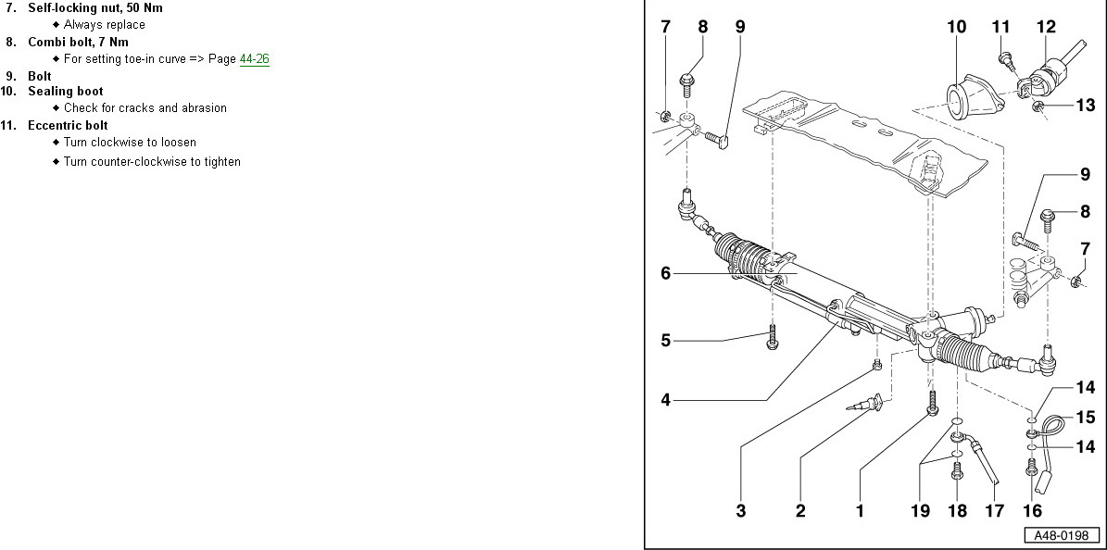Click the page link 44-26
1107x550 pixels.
(254, 58)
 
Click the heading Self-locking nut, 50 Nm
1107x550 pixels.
(94, 7)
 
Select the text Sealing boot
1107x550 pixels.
(65, 92)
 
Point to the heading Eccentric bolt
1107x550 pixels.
(68, 125)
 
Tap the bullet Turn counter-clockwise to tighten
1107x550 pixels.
(152, 162)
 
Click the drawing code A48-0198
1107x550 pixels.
(1062, 535)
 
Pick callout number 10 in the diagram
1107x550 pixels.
(957, 27)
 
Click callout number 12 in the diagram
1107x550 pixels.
(1046, 27)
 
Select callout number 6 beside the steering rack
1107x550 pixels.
(665, 273)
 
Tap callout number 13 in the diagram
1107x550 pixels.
(1086, 106)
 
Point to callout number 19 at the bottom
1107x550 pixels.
(919, 510)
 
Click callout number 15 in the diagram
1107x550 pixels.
(1085, 418)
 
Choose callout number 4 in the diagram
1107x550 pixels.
(665, 400)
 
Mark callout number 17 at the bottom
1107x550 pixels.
(994, 510)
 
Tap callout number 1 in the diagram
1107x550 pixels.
(860, 510)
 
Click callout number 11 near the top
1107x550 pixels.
(1000, 27)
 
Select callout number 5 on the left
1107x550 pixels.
(665, 340)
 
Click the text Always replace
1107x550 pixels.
(105, 25)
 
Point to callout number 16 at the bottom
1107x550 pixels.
(1032, 510)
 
